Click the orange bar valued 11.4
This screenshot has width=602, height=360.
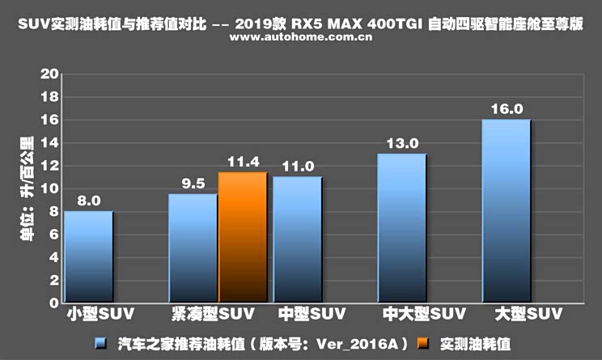(x=243, y=238)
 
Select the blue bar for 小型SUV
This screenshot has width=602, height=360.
(x=88, y=257)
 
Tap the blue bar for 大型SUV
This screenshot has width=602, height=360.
(x=506, y=212)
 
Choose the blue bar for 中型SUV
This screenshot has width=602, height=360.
(x=297, y=240)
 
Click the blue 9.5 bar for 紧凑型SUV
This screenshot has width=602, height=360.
(x=193, y=249)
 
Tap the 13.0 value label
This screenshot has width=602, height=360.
(x=402, y=143)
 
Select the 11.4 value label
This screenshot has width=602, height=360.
(x=243, y=161)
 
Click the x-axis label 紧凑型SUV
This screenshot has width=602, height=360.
(x=212, y=313)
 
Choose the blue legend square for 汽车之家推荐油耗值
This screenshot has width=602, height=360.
(x=100, y=344)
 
